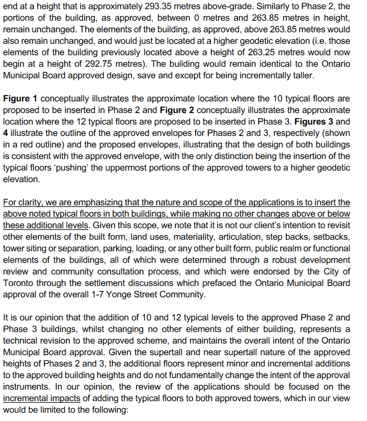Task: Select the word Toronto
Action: coord(18,282)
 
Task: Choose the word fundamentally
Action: coord(187,375)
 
